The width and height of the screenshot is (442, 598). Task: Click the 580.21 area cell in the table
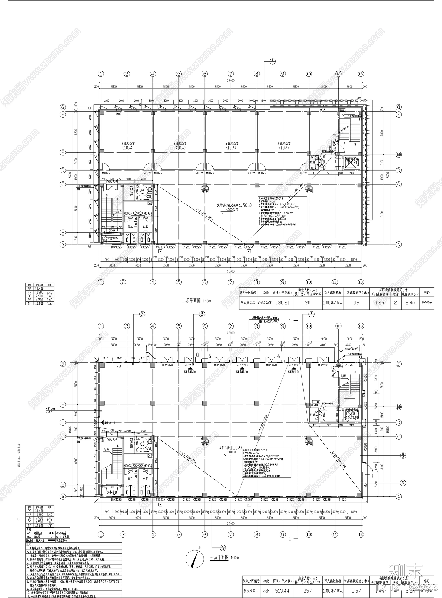pos(282,302)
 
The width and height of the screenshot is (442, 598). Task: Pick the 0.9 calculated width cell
pos(356,302)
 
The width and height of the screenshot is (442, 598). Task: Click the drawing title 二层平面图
pos(191,301)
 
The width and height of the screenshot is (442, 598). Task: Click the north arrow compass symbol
pos(196,557)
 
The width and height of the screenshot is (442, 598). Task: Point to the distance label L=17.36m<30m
pos(296,190)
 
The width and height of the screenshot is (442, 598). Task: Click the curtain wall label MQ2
pos(119,113)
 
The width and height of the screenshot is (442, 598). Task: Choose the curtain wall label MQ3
pos(322,110)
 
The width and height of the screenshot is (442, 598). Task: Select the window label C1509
pos(112,230)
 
